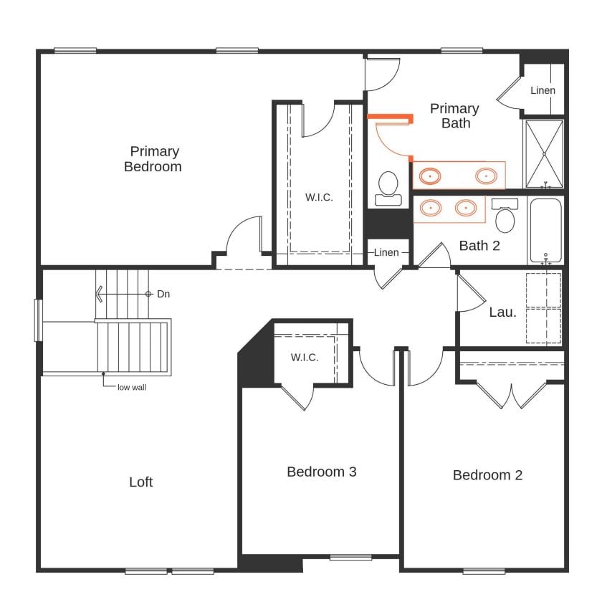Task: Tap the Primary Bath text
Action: point(454,115)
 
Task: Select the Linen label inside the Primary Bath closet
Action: point(543,90)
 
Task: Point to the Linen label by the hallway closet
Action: point(386,252)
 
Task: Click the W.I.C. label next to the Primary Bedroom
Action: point(319,197)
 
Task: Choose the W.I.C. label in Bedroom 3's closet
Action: point(305,357)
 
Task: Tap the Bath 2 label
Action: point(479,246)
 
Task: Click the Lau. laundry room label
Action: point(502,312)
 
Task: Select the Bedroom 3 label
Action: point(322,472)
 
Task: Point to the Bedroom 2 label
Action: point(487,475)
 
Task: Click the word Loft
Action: point(140,482)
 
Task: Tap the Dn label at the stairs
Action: point(163,294)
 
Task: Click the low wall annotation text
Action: point(133,387)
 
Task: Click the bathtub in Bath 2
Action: point(546,231)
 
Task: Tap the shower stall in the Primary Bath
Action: point(545,153)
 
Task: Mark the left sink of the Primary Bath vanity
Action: point(431,174)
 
